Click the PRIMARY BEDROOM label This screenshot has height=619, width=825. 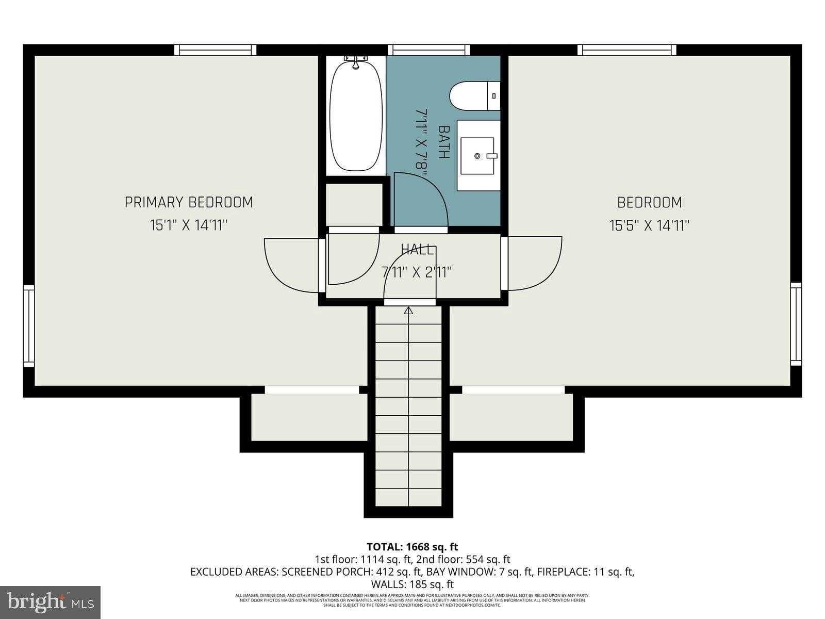(x=189, y=202)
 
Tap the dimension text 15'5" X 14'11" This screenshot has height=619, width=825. (x=649, y=225)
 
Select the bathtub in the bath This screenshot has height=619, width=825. (x=356, y=117)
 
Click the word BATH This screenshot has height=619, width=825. (x=444, y=142)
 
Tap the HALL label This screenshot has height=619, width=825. (x=417, y=250)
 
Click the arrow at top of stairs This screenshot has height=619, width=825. (x=409, y=311)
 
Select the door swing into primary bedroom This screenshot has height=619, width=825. (x=291, y=264)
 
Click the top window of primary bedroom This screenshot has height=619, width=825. (x=215, y=50)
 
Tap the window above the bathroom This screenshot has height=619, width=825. (x=428, y=50)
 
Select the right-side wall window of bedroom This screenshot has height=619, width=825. (x=796, y=324)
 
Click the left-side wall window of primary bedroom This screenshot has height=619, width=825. (x=29, y=326)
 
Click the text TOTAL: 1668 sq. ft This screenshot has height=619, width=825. (x=412, y=547)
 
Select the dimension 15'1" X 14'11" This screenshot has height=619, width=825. (x=189, y=225)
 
